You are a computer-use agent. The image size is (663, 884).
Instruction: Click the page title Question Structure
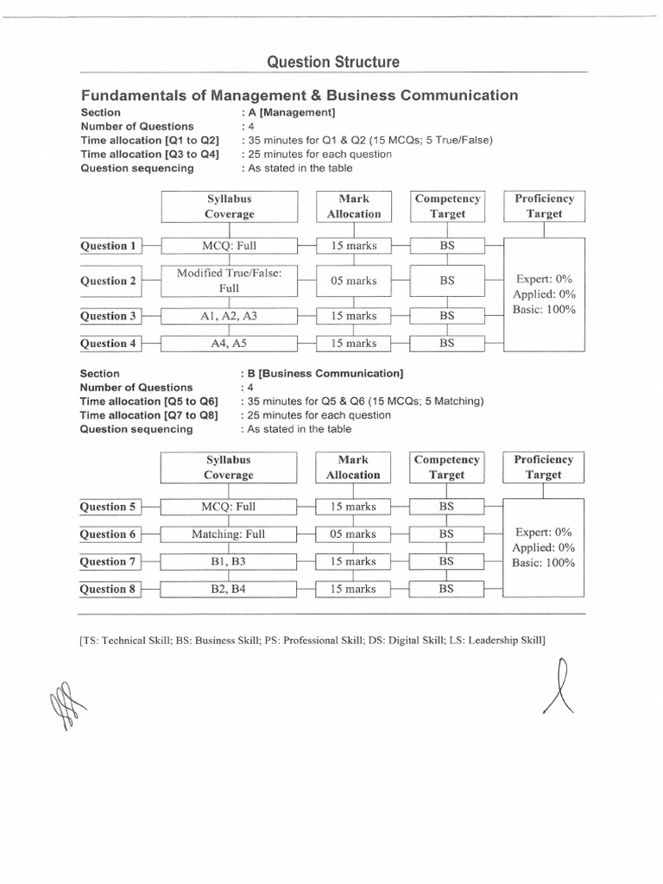(332, 62)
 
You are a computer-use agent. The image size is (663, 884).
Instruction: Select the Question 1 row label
(109, 246)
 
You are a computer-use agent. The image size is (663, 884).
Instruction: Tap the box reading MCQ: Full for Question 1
(229, 246)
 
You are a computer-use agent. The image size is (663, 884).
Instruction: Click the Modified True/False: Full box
(229, 281)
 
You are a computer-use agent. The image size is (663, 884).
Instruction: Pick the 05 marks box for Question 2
(353, 281)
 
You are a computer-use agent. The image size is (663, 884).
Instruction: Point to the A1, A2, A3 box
(229, 316)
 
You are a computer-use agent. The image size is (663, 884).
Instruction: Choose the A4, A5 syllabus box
(229, 344)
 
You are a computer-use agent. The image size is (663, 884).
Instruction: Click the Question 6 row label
(109, 534)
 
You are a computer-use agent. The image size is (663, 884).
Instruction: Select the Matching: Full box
(229, 534)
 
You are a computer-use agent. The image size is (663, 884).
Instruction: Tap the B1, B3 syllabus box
(229, 562)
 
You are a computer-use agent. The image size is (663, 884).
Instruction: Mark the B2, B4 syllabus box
(229, 590)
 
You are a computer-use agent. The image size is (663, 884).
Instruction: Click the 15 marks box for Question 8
(353, 590)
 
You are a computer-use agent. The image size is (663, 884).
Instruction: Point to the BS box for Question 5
(446, 507)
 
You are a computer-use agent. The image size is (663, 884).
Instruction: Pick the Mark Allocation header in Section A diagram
(353, 206)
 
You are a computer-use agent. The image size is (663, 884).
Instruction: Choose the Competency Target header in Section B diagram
(446, 467)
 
